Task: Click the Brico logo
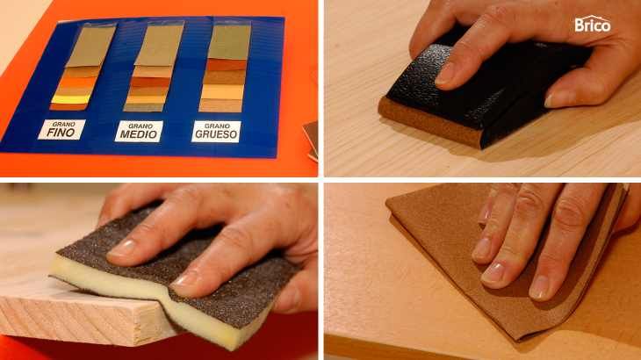pos(593,24)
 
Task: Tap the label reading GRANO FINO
pos(61,130)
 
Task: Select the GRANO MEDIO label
pos(139,131)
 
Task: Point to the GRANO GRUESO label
pos(216,132)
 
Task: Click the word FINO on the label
pos(61,133)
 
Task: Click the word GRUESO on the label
pos(216,134)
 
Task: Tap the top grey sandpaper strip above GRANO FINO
pos(90,46)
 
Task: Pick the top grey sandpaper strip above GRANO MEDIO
pos(160,45)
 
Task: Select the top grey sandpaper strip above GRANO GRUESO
pos(229,42)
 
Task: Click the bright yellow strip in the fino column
pos(71,99)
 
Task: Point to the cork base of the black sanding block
pos(430,121)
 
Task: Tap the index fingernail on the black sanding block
pos(444,76)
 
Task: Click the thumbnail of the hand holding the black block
pos(554,99)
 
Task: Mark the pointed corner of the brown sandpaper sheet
pos(387,200)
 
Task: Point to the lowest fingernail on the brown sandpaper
pos(540,288)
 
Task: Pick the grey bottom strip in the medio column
pos(143,107)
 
